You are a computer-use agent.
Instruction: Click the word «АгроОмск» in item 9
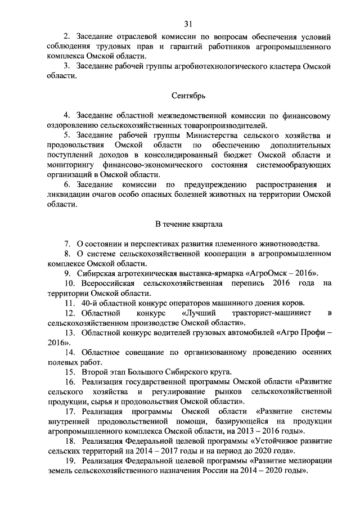[276, 273]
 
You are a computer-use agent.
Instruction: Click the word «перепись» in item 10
[245, 283]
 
